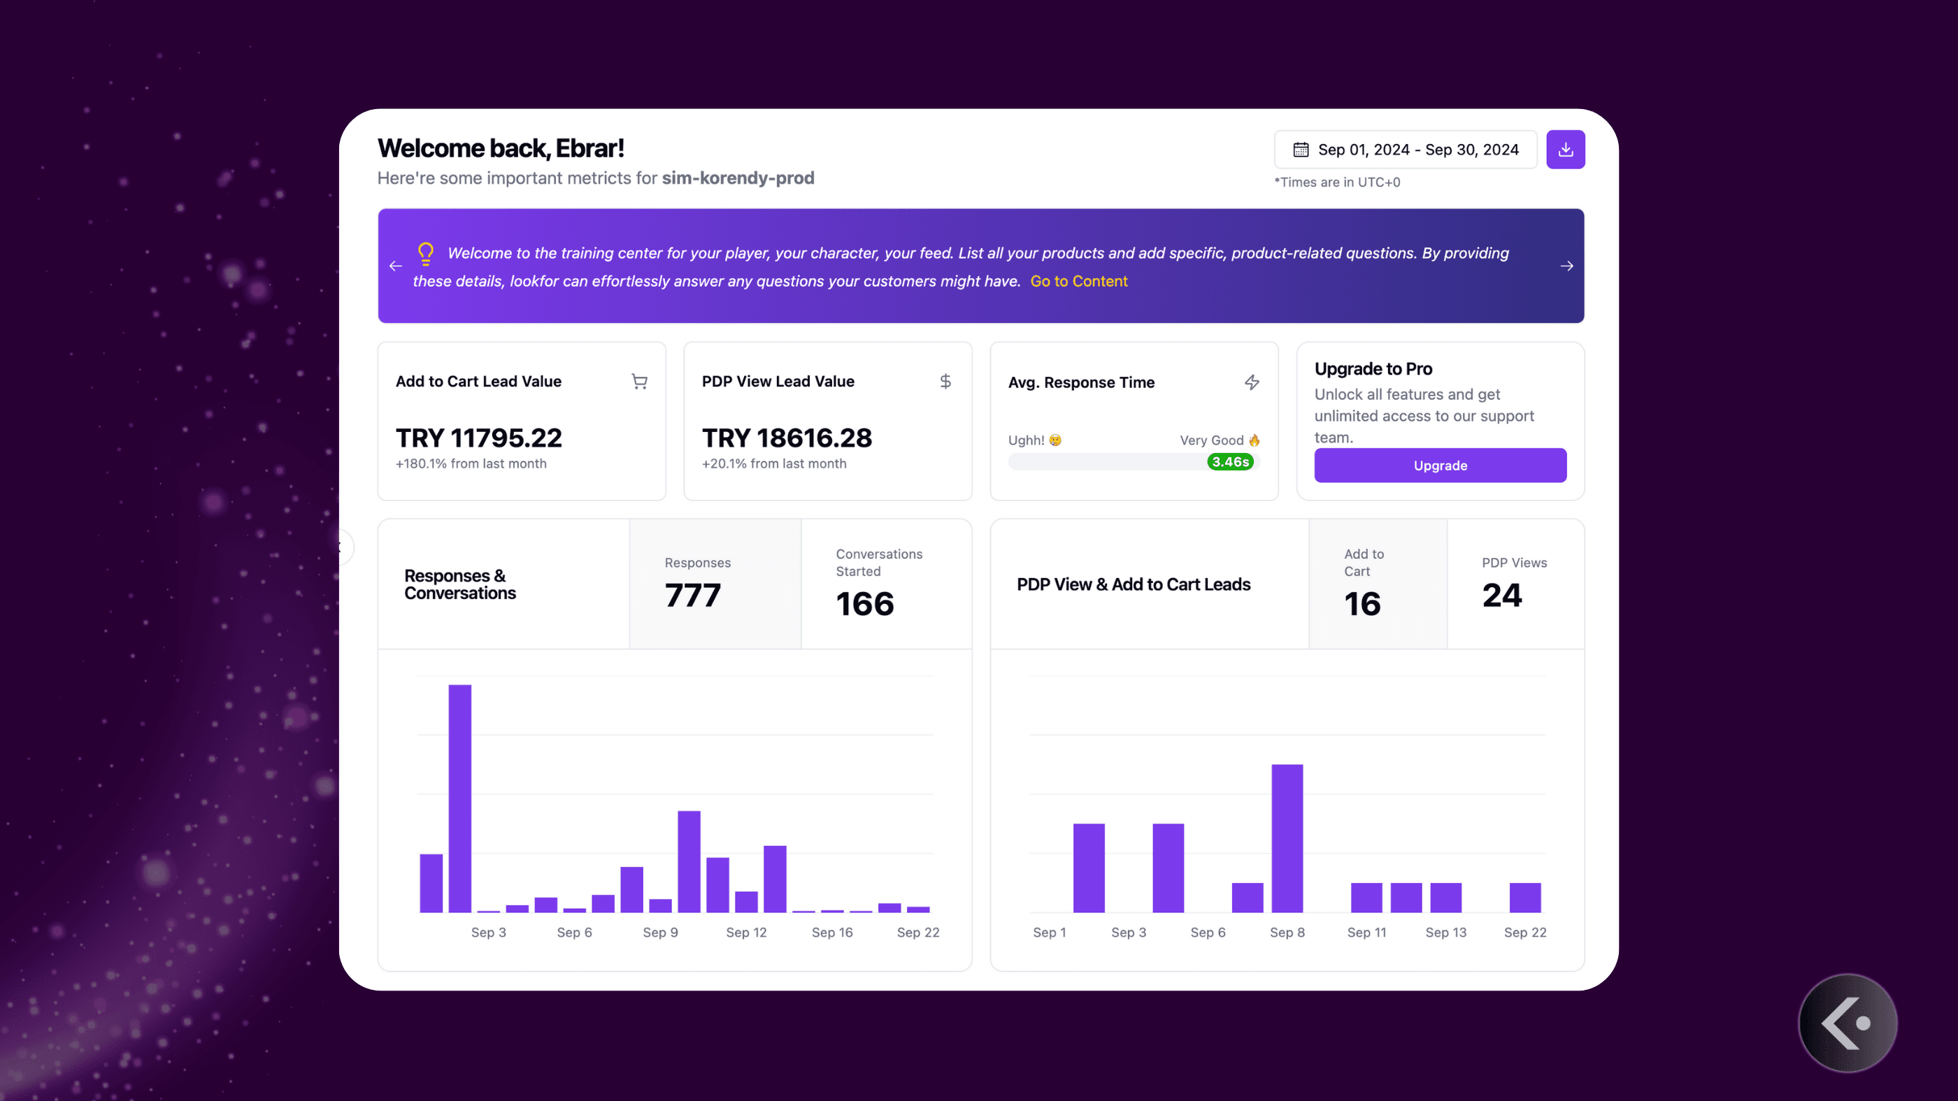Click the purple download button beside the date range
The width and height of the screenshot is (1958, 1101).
(x=1565, y=150)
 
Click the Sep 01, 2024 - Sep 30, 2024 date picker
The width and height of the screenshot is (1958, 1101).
(x=1406, y=150)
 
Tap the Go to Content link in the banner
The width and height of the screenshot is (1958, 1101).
(x=1078, y=281)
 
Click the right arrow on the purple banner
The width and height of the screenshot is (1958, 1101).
(x=1566, y=266)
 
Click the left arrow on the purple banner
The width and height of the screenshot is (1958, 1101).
(x=395, y=266)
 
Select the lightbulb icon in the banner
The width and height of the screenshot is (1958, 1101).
(x=426, y=253)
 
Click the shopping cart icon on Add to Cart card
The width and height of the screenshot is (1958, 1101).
(x=639, y=382)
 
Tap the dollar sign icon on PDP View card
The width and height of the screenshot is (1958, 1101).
(x=945, y=382)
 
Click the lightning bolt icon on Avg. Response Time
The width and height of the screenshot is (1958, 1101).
(x=1252, y=382)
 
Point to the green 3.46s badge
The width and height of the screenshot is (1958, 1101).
(x=1230, y=462)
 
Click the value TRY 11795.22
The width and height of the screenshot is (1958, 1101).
(x=479, y=438)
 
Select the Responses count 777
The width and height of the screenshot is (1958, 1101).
(x=692, y=595)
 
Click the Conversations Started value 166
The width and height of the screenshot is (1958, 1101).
(x=865, y=604)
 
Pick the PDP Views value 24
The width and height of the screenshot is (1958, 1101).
(x=1502, y=595)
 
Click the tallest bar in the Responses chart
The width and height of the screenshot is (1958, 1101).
(x=460, y=798)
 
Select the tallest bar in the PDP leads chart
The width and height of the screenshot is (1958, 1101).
(x=1287, y=838)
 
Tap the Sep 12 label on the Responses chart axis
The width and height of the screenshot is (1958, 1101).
(x=746, y=933)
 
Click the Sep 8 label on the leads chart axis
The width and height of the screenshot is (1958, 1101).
(x=1287, y=933)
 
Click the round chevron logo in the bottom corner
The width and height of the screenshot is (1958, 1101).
(x=1847, y=1023)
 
